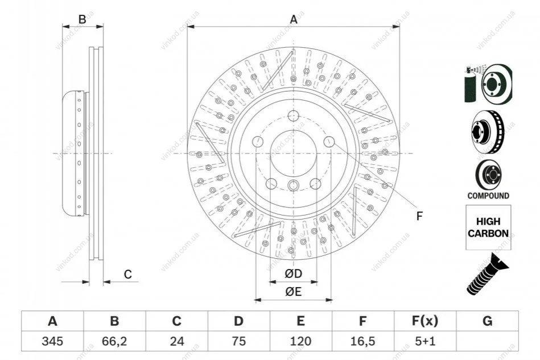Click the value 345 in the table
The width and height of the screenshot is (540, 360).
point(52,341)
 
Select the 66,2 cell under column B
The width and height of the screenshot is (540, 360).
point(114,341)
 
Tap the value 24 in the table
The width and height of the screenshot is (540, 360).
point(176,341)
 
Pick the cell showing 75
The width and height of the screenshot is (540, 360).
point(238,341)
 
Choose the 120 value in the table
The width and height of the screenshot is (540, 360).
point(300,341)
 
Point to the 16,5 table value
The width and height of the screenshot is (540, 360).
point(362,341)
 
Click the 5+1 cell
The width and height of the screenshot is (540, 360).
point(425,341)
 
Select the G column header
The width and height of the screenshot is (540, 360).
point(487,321)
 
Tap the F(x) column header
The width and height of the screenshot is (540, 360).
point(425,321)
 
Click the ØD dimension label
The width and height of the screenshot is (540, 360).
point(294,274)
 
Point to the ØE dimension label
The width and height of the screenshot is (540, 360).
point(294,292)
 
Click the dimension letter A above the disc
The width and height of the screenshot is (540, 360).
point(294,19)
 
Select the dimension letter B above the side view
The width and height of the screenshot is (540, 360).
point(82,19)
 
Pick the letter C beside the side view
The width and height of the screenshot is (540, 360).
point(128,274)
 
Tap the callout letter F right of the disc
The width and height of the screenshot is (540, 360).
point(419,216)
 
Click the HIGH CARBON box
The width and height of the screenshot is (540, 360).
point(488,227)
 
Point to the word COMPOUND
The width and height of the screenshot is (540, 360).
point(488,196)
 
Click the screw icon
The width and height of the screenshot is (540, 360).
point(487,274)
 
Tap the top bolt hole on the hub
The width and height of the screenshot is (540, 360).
point(293,115)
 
